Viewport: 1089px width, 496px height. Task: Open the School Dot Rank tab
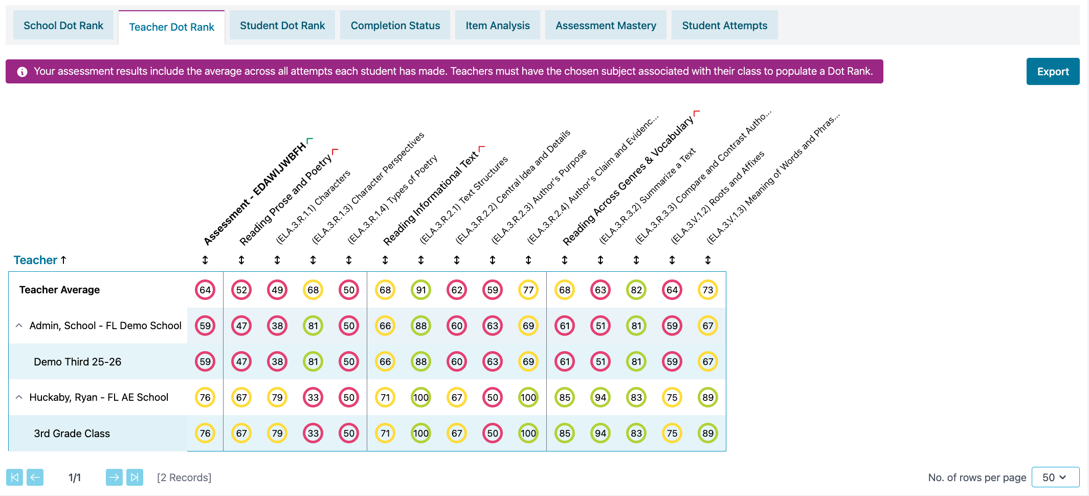click(x=63, y=26)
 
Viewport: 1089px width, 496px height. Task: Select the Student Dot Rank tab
click(x=282, y=26)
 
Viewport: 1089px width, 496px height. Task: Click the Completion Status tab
click(x=395, y=26)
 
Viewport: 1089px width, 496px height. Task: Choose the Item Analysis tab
click(x=497, y=26)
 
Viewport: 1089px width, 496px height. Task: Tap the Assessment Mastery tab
click(x=606, y=26)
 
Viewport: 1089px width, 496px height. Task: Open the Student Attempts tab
click(x=724, y=26)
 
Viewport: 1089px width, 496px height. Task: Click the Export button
click(x=1053, y=72)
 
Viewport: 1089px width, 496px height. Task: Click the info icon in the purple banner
click(x=22, y=72)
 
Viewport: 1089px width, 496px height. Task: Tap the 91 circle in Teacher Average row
click(x=421, y=290)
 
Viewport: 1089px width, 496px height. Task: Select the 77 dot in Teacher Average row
click(x=528, y=290)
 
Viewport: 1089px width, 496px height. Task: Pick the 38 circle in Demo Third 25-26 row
click(x=277, y=362)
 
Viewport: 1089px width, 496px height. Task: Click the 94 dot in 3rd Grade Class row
click(x=601, y=434)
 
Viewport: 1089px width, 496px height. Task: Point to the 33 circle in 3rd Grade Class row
click(x=313, y=434)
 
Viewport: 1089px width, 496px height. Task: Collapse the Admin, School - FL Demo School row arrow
click(x=19, y=326)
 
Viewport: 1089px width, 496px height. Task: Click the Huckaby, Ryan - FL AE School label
click(x=99, y=398)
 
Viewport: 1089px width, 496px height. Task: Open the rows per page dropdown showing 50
click(x=1055, y=478)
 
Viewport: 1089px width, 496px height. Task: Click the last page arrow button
click(x=135, y=478)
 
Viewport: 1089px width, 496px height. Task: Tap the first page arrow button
click(x=15, y=478)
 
